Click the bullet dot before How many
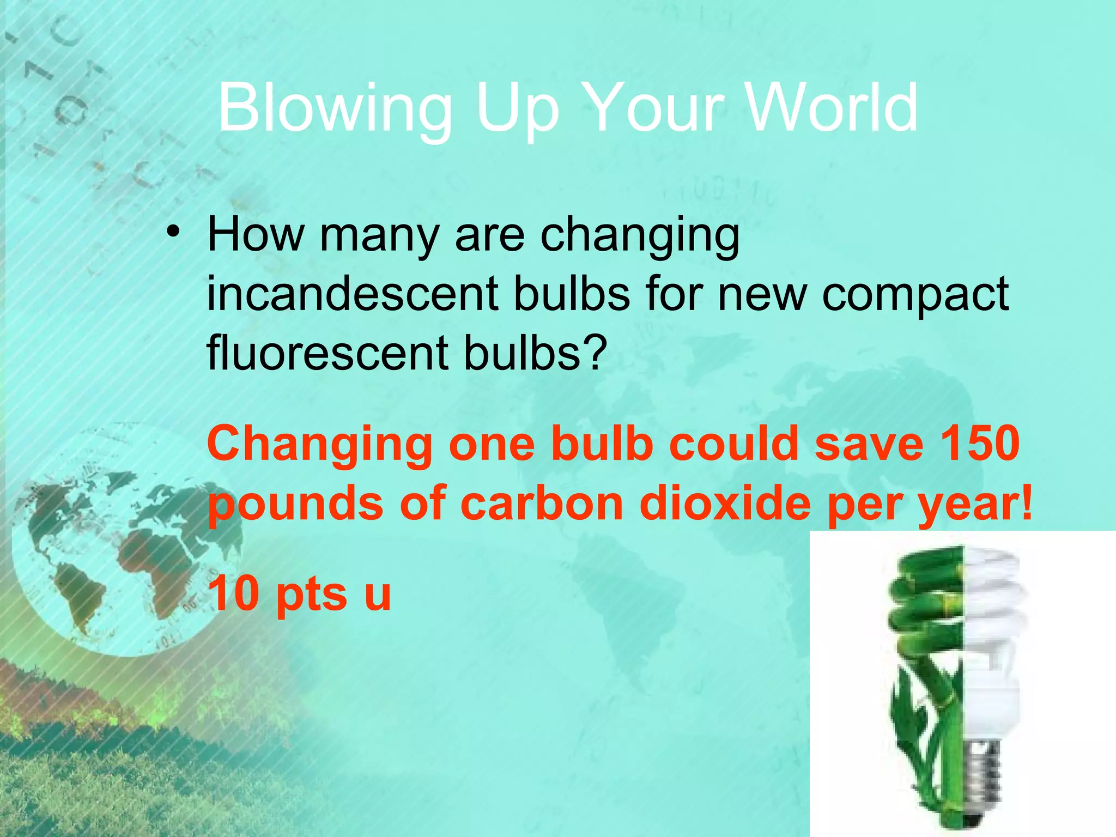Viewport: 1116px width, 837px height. (173, 233)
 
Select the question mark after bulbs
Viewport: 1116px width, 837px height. (593, 353)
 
